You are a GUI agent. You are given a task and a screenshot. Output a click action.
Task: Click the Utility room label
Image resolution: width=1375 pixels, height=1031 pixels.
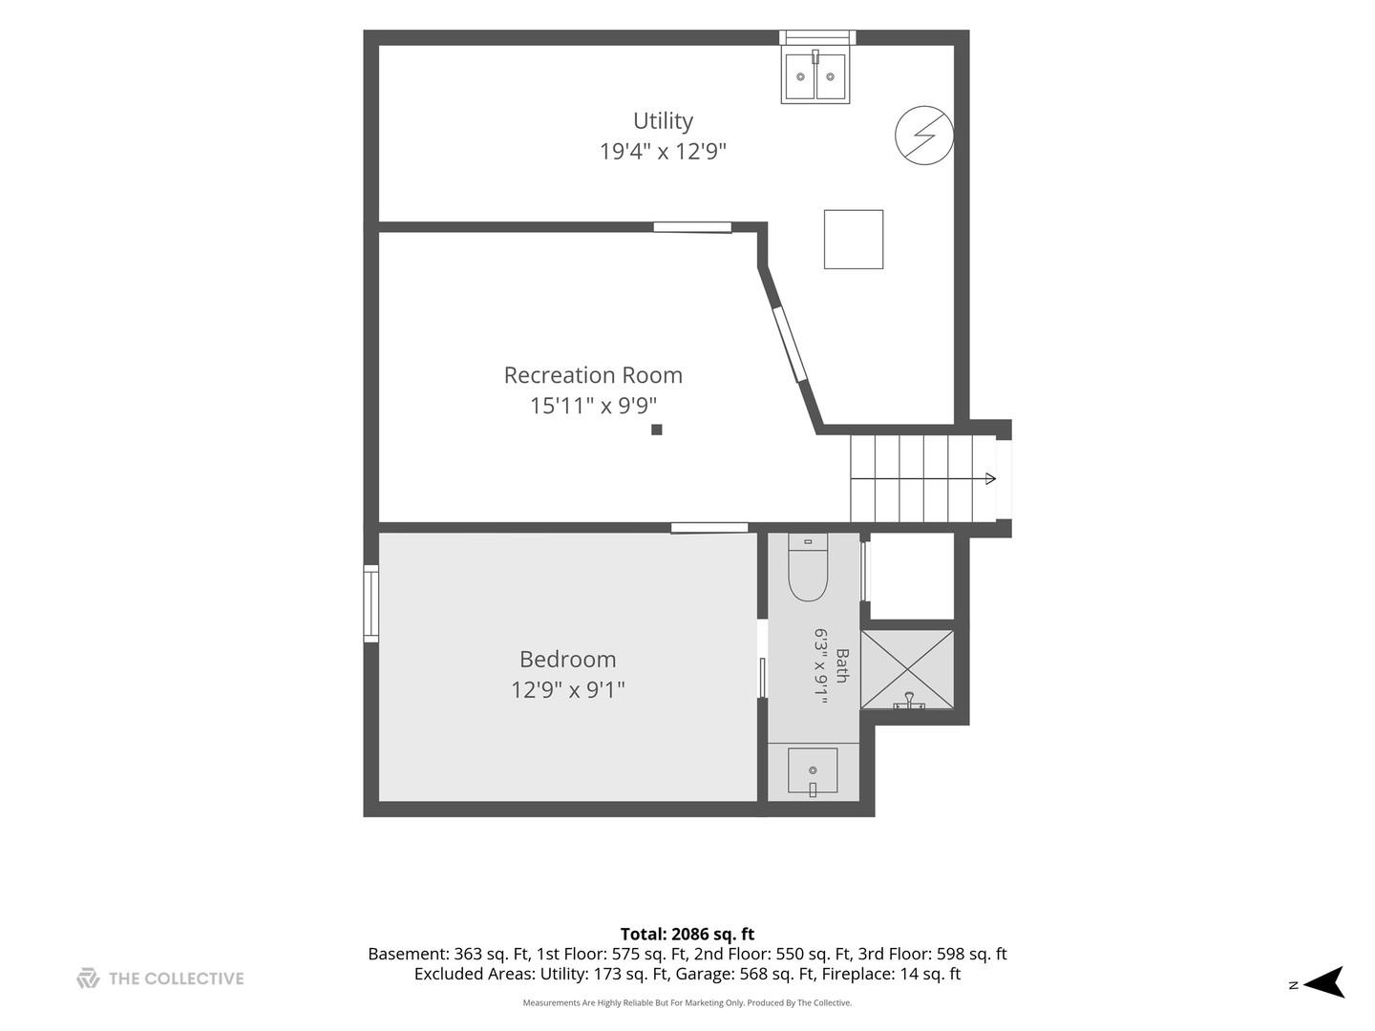click(663, 121)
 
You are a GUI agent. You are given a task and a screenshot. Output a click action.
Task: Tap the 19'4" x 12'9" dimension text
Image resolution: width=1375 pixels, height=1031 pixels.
click(663, 152)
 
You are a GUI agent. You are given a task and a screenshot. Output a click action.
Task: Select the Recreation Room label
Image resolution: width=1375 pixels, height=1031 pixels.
click(593, 375)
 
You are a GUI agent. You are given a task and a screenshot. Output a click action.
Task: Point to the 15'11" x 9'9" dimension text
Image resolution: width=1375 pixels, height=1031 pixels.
click(593, 406)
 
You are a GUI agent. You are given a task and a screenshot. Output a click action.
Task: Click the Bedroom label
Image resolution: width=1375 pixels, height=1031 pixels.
click(567, 659)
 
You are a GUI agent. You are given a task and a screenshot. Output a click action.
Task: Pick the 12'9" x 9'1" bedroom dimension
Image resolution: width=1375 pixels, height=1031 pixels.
click(567, 690)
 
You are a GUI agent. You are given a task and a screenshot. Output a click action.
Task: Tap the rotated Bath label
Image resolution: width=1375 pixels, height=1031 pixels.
click(842, 666)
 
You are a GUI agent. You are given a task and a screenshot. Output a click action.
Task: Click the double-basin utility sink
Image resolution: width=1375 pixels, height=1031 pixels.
click(815, 76)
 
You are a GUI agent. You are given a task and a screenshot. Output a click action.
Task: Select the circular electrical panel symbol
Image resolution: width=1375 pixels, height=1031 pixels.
click(924, 136)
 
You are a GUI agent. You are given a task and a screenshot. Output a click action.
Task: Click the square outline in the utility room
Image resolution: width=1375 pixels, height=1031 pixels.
click(854, 239)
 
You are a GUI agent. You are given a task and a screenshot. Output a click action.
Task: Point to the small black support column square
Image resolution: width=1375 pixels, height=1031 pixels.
click(657, 430)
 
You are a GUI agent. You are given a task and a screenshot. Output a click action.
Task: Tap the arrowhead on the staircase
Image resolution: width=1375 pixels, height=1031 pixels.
click(990, 479)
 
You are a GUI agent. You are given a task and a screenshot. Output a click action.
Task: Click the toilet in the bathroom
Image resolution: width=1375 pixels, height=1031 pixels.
click(808, 567)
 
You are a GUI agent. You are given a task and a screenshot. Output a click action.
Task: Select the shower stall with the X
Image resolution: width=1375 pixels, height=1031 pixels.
click(907, 669)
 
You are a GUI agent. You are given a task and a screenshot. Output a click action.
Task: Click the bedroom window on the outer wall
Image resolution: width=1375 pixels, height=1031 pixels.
click(370, 603)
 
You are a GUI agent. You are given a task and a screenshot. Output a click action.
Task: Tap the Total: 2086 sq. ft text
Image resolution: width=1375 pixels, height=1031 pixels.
click(687, 934)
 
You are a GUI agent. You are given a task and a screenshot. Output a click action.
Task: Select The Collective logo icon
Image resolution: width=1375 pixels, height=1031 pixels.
click(89, 978)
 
